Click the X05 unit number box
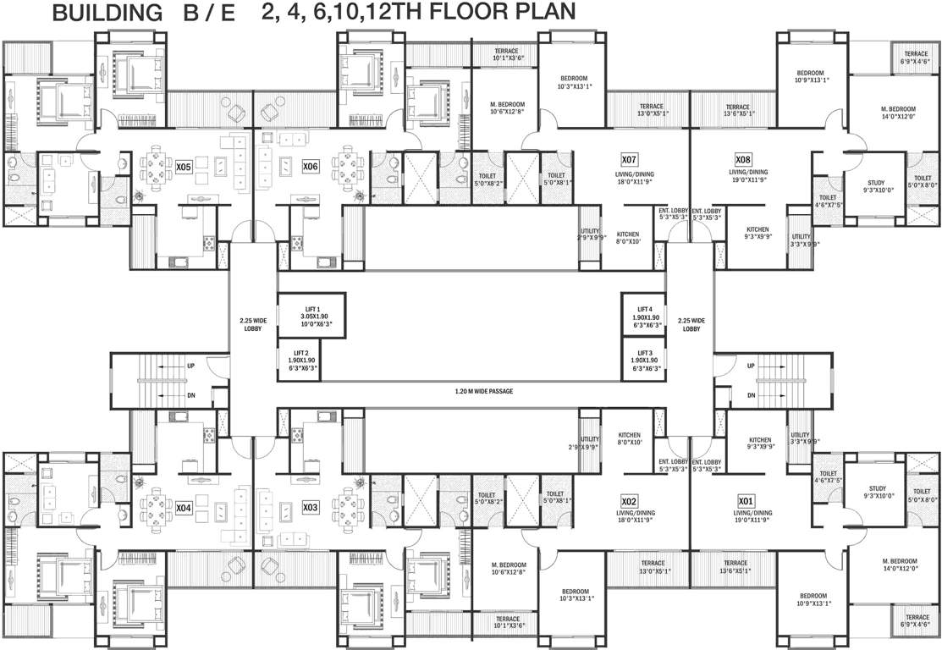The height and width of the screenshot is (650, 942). point(185,168)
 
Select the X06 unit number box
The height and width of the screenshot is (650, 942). point(311,167)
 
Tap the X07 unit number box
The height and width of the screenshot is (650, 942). point(629,159)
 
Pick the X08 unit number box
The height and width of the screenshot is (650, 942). point(742,159)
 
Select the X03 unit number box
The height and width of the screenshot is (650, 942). point(311,507)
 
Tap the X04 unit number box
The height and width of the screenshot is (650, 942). point(185,507)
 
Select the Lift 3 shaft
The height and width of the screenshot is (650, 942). point(644,360)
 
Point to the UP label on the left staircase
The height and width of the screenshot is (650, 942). point(191,366)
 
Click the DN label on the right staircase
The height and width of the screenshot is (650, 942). point(751,395)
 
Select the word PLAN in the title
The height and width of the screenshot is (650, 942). point(541,13)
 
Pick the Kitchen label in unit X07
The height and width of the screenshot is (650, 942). point(627,238)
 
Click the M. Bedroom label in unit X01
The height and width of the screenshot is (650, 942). point(898,565)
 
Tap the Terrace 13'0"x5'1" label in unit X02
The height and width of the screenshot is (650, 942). point(653,566)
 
